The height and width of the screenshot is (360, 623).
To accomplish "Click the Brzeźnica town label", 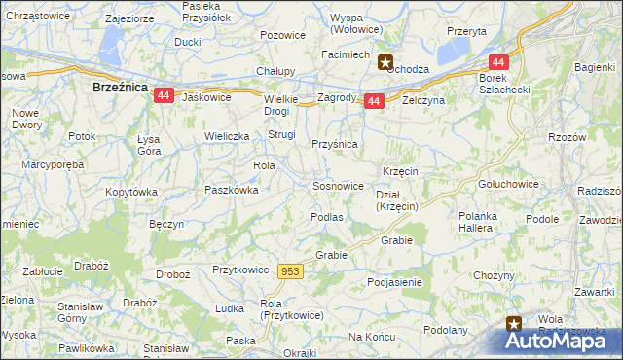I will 119,87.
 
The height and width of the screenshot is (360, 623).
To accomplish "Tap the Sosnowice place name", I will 338,185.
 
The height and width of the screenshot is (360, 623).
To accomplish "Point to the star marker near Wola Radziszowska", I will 514,323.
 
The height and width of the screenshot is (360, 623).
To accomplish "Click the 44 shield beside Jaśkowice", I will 164,95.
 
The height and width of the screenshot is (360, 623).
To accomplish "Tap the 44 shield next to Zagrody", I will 374,101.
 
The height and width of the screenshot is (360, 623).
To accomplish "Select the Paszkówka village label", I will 231,191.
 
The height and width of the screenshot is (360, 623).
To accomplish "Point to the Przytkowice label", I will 238,270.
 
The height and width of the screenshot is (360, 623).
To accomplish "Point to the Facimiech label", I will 346,54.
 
